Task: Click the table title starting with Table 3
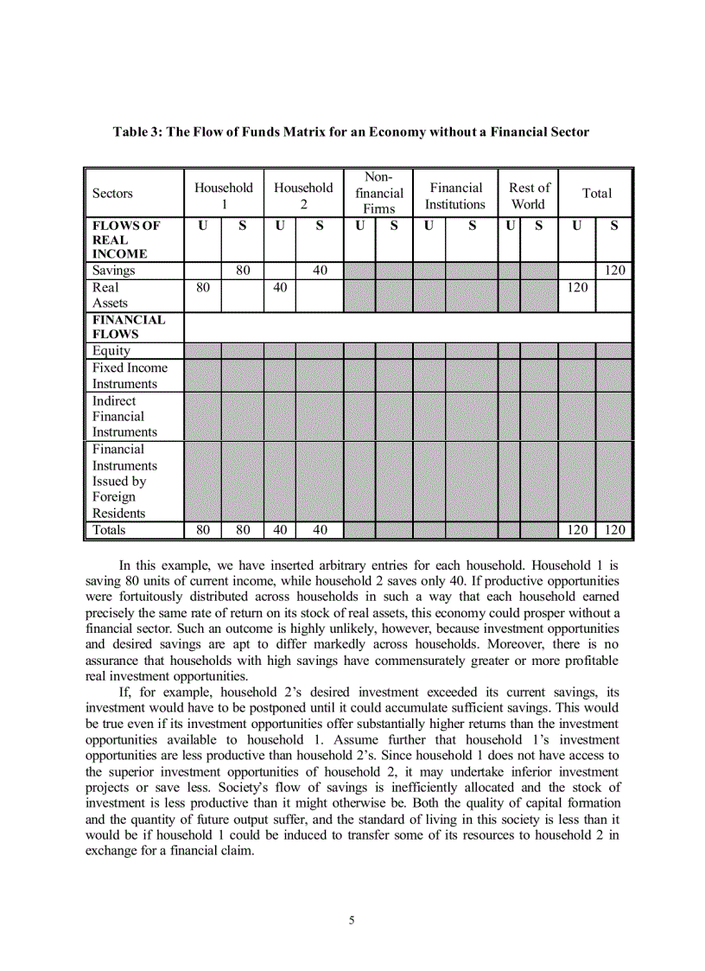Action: pyautogui.click(x=352, y=132)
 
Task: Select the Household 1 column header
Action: pyautogui.click(x=223, y=195)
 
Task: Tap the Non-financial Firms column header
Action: pyautogui.click(x=378, y=194)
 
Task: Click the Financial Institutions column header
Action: pyautogui.click(x=455, y=195)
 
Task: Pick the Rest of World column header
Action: pyautogui.click(x=529, y=195)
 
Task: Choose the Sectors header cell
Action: pyautogui.click(x=113, y=194)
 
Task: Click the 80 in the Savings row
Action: pyautogui.click(x=243, y=271)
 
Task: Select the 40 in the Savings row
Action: pyautogui.click(x=320, y=271)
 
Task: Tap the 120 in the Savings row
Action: pyautogui.click(x=614, y=271)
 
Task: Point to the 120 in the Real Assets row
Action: pyautogui.click(x=576, y=287)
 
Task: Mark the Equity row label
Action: pyautogui.click(x=111, y=351)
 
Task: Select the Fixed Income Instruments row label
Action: pyautogui.click(x=130, y=375)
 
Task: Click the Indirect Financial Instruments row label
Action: pyautogui.click(x=124, y=416)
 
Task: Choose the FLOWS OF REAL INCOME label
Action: pyautogui.click(x=126, y=240)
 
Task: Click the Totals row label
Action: pyautogui.click(x=109, y=530)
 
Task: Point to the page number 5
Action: pyautogui.click(x=352, y=920)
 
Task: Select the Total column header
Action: pyautogui.click(x=596, y=194)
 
